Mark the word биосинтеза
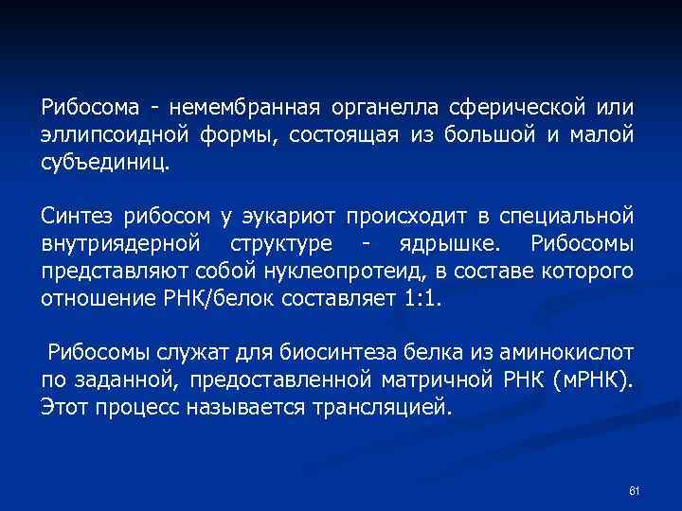click(331, 355)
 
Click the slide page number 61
click(635, 490)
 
